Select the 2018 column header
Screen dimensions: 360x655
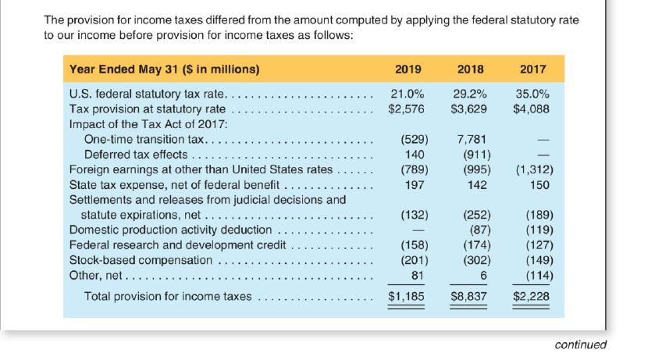click(x=471, y=69)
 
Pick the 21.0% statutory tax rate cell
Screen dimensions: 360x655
click(x=407, y=94)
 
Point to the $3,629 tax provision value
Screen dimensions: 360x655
click(x=470, y=109)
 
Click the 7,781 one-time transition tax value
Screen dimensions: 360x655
click(x=472, y=140)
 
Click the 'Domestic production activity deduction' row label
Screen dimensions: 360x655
click(x=170, y=230)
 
